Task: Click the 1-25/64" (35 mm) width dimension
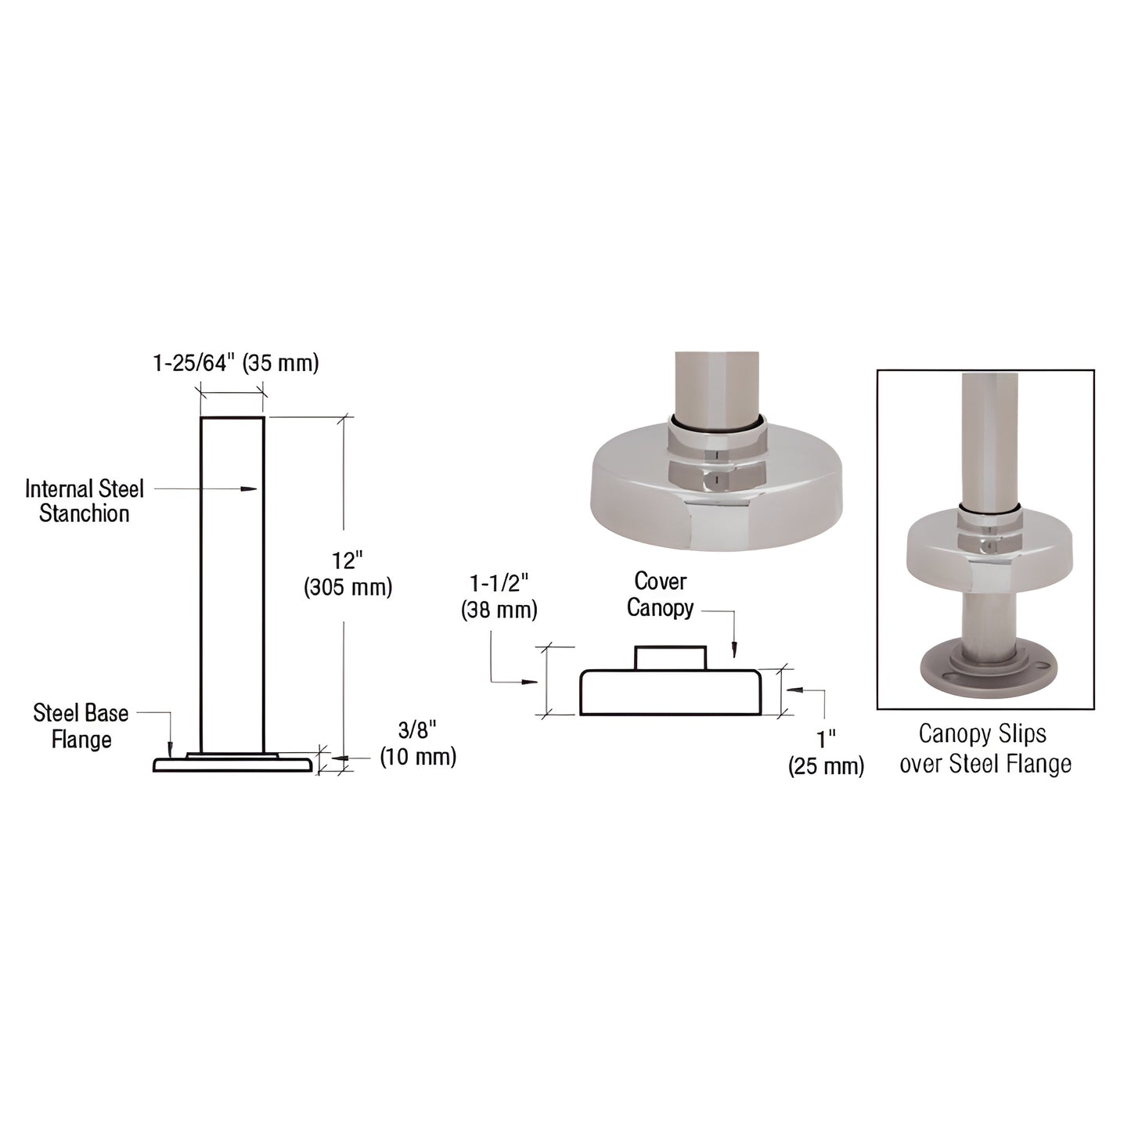point(235,364)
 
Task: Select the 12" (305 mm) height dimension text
point(348,574)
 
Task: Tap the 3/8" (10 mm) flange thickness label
point(418,744)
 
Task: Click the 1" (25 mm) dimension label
point(826,752)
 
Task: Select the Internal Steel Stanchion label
point(85,501)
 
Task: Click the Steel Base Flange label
point(81,726)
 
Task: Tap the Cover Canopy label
point(660,594)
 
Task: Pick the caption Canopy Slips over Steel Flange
point(985,748)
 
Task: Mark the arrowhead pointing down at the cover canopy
point(734,651)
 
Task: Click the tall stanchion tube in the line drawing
point(232,583)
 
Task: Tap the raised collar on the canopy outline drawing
point(670,657)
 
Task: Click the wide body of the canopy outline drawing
point(669,693)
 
